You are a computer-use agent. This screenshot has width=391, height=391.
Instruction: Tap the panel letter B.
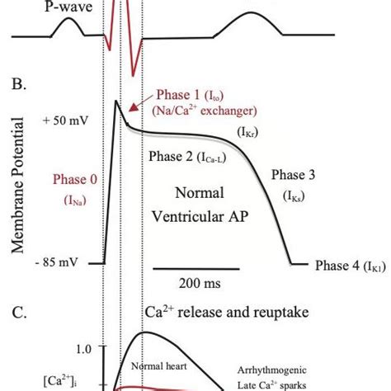[16, 83]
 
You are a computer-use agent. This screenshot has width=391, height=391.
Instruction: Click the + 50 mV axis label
[61, 121]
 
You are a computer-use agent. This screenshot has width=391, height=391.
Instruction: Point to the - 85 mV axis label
[61, 262]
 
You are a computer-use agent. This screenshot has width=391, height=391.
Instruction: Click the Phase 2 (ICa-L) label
[183, 157]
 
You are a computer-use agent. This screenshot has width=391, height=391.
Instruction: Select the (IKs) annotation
[294, 196]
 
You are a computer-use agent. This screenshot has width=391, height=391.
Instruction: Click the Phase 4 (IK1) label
[351, 266]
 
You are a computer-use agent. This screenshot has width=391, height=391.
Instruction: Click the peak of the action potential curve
[119, 101]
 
